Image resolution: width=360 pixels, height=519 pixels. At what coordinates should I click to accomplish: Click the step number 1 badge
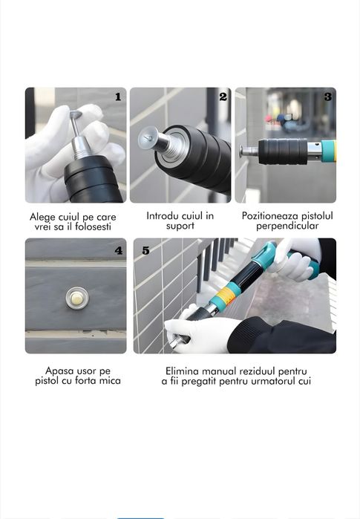[x=117, y=97]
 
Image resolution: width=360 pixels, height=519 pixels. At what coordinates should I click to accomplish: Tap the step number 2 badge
[x=223, y=97]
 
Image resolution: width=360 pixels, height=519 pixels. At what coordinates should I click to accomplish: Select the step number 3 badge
[x=327, y=97]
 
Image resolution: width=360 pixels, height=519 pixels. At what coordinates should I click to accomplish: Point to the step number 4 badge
[x=118, y=250]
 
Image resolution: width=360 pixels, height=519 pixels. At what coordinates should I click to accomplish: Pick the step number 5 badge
[x=145, y=250]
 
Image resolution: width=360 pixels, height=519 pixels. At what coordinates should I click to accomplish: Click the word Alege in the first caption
[x=43, y=216]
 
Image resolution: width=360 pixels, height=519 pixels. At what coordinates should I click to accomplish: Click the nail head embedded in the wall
[x=75, y=298]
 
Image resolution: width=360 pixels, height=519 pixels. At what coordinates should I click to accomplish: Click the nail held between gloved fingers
[x=75, y=119]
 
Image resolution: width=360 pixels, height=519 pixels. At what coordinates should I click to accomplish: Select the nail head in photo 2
[x=148, y=139]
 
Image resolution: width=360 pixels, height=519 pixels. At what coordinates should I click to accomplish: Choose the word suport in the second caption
[x=180, y=226]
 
